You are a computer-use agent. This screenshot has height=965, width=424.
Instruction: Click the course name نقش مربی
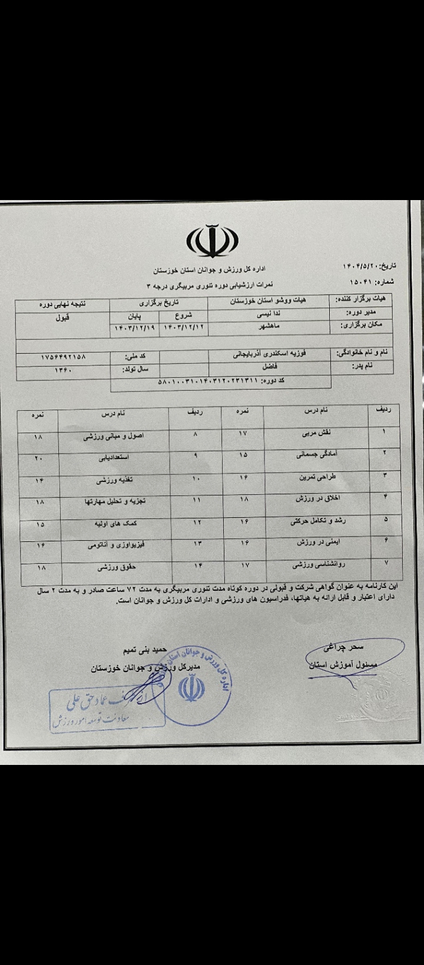(316, 432)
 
